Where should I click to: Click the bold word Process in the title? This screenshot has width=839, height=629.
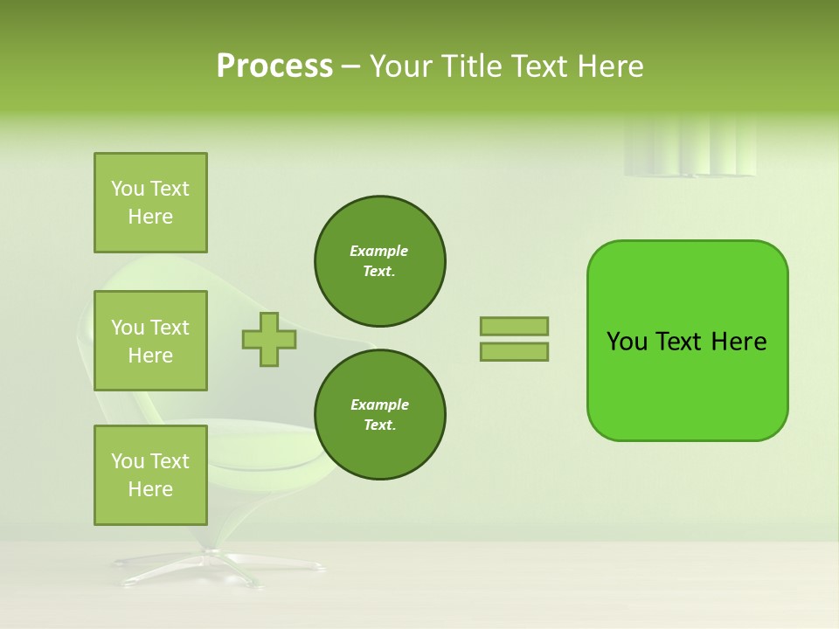click(x=274, y=66)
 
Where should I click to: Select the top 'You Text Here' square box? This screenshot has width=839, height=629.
click(x=150, y=203)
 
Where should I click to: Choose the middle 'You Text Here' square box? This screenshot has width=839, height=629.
click(x=150, y=341)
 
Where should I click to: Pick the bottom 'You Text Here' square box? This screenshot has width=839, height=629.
click(x=150, y=475)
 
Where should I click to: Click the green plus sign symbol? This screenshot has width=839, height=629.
click(x=268, y=339)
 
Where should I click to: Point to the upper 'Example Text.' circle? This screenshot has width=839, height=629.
click(x=379, y=261)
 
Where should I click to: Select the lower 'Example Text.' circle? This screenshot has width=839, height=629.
click(x=379, y=415)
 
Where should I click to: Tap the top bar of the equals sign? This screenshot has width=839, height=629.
click(x=514, y=326)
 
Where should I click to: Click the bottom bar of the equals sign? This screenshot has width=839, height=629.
click(x=514, y=352)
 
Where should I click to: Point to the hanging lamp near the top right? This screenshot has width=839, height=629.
click(x=690, y=149)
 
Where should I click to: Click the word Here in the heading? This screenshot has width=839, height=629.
click(x=607, y=66)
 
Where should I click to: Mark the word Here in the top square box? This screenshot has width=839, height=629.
click(x=150, y=217)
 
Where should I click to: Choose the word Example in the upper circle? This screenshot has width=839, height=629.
click(x=379, y=251)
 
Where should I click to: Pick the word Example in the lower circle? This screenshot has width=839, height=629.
click(x=379, y=404)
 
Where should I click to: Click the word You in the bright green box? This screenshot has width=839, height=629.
click(x=627, y=342)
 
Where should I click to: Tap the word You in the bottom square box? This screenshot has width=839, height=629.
click(x=128, y=461)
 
